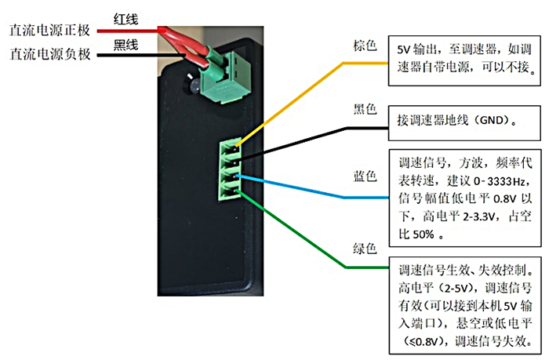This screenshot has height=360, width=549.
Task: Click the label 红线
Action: [x=128, y=16]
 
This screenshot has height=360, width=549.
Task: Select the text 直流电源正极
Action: [x=50, y=31]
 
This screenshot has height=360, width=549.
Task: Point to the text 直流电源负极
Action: [x=50, y=55]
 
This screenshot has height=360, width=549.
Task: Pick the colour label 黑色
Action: [x=365, y=109]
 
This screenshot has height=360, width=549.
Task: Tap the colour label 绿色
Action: [x=365, y=252]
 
